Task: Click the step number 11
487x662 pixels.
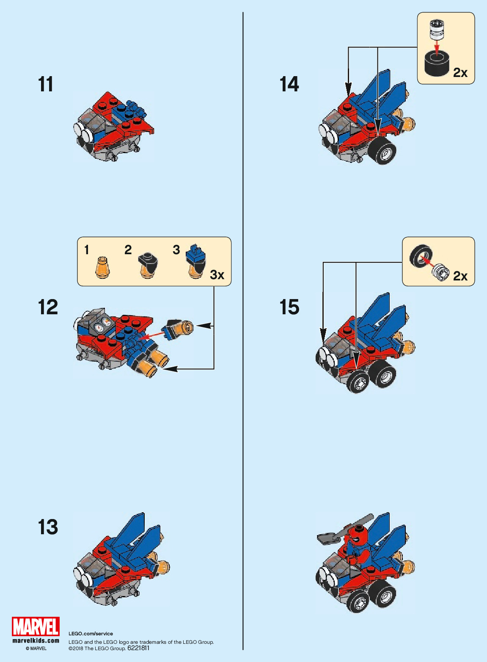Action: click(46, 85)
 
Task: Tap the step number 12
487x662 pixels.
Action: click(48, 307)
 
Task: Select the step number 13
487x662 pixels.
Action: click(48, 527)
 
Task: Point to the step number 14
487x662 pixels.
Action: click(289, 84)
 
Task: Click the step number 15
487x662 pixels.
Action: click(289, 307)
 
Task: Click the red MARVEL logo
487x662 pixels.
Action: click(36, 627)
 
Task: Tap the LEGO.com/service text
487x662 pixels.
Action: click(91, 634)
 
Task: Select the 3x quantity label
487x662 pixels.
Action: click(217, 275)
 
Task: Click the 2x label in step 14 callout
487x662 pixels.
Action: click(460, 73)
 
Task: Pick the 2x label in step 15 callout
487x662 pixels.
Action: click(460, 276)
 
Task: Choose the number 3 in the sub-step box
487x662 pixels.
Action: click(176, 250)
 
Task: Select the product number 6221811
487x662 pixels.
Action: click(138, 648)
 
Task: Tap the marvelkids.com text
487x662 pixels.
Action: click(36, 640)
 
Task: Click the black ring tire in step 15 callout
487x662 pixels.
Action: click(421, 255)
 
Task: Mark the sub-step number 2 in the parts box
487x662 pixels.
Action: click(128, 250)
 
